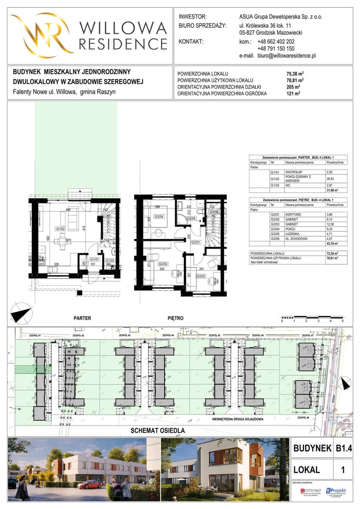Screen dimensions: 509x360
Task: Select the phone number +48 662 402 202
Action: pyautogui.click(x=276, y=42)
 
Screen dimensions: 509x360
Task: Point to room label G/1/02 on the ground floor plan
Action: pyautogui.click(x=60, y=228)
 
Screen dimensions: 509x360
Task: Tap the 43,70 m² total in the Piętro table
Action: pyautogui.click(x=333, y=243)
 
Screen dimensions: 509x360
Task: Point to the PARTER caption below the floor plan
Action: pyautogui.click(x=82, y=318)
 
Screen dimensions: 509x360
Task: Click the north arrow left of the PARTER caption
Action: pyautogui.click(x=21, y=314)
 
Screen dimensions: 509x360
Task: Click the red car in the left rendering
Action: pyautogui.click(x=90, y=484)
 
